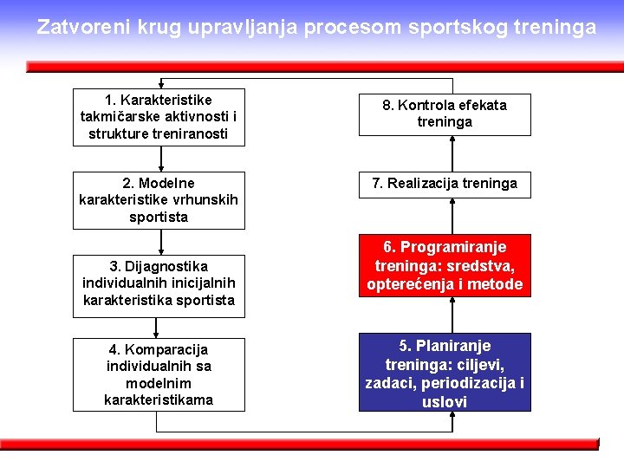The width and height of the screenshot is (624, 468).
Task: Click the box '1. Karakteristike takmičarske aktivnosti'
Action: (x=159, y=117)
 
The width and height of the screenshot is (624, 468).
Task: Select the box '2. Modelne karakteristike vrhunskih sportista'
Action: (x=159, y=200)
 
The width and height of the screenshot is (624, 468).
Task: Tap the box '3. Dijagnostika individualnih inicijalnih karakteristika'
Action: (x=159, y=283)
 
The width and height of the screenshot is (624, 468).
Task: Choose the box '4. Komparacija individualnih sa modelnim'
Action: (x=159, y=374)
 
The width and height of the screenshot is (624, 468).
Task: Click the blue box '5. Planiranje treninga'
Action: (x=445, y=374)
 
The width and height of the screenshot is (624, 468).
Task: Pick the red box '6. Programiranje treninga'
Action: (x=445, y=266)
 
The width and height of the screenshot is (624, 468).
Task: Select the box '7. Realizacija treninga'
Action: (x=445, y=183)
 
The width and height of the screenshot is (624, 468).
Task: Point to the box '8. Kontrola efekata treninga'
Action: (x=445, y=114)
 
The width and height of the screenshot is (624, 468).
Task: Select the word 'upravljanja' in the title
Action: (x=246, y=27)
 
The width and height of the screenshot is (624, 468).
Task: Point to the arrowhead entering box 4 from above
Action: (x=157, y=333)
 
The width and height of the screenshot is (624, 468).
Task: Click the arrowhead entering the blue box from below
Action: (x=452, y=416)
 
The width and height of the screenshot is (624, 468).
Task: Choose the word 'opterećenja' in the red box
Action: (x=406, y=284)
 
